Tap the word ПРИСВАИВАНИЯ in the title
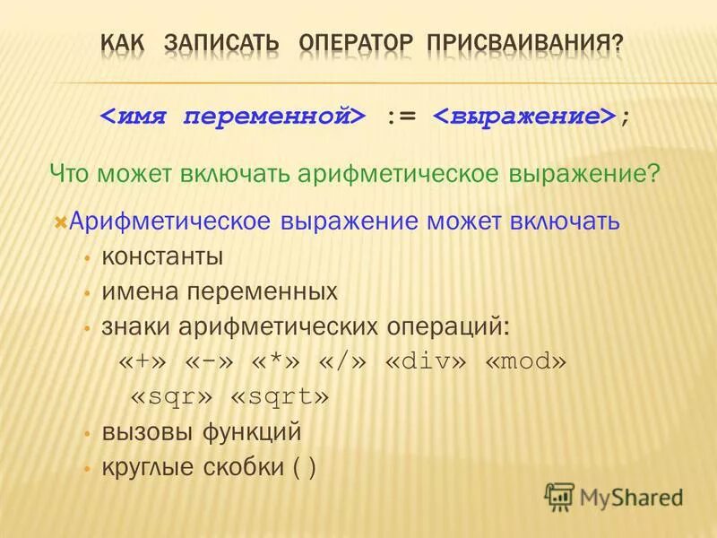pos(525,42)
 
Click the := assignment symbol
pos(401,117)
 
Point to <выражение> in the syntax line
pos(526,117)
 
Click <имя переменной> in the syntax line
pos(232,117)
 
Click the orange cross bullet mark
pos(60,221)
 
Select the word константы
pos(162,256)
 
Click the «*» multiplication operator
pos(272,361)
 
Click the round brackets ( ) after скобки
pos(305,467)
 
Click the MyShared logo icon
pos(559,496)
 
